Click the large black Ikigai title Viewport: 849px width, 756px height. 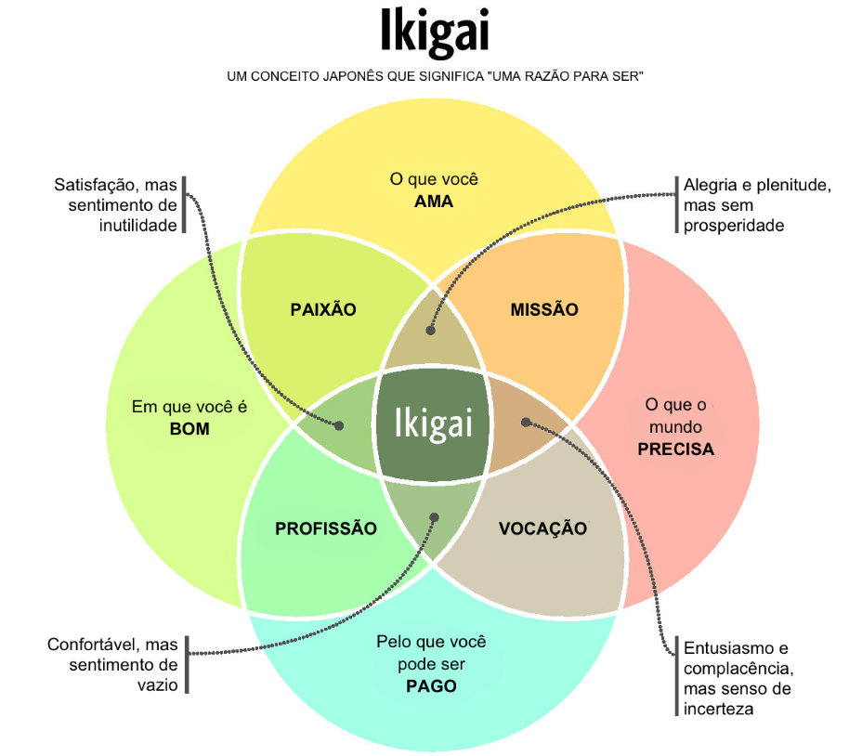pyautogui.click(x=435, y=32)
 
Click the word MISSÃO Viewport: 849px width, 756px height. pyautogui.click(x=544, y=309)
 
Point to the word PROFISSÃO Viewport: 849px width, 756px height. pyautogui.click(x=326, y=528)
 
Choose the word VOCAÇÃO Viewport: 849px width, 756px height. pyautogui.click(x=542, y=528)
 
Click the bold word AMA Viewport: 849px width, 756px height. pyautogui.click(x=434, y=202)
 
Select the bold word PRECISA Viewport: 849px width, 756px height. pyautogui.click(x=675, y=450)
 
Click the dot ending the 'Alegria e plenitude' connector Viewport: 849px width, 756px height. pyautogui.click(x=430, y=330)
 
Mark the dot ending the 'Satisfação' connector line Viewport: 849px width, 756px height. pyautogui.click(x=339, y=425)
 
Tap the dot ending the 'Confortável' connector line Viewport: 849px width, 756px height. pyautogui.click(x=434, y=517)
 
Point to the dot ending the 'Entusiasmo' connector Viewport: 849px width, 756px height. pyautogui.click(x=526, y=422)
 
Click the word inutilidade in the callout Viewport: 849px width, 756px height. pyautogui.click(x=139, y=226)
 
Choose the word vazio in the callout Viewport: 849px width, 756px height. pyautogui.click(x=156, y=685)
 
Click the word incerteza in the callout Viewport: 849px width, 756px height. pyautogui.click(x=719, y=710)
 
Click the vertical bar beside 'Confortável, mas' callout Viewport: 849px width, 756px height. pyautogui.click(x=187, y=664)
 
